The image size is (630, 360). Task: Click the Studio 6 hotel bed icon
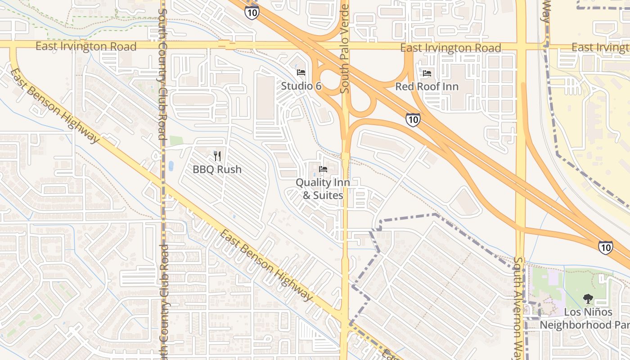(301, 72)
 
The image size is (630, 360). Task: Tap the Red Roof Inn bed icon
(427, 73)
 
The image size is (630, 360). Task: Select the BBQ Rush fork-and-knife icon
(217, 156)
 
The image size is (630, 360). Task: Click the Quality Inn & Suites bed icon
(323, 169)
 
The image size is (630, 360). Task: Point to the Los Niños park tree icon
(587, 298)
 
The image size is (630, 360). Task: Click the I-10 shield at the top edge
(252, 12)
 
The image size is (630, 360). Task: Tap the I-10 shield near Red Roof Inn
(413, 119)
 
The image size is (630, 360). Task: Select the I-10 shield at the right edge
(605, 247)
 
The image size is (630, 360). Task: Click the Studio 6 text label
(301, 85)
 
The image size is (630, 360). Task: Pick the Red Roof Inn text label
(427, 86)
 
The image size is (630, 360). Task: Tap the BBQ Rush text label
(217, 170)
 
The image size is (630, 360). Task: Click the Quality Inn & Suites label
(323, 189)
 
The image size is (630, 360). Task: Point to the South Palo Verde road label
(345, 47)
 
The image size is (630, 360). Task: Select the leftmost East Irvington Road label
(86, 46)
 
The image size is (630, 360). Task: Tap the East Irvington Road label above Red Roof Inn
(450, 48)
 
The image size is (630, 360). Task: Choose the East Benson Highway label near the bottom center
(266, 265)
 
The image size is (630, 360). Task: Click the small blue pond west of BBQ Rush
(171, 166)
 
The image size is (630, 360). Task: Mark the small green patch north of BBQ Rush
(176, 140)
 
